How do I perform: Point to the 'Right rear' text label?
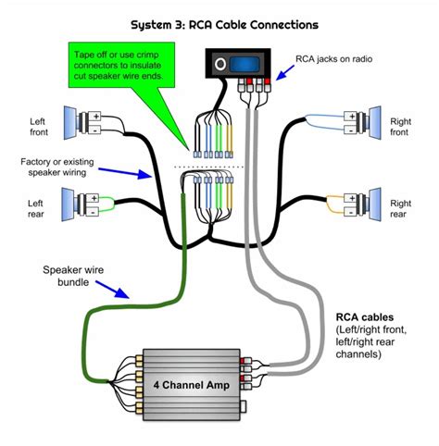[399, 209]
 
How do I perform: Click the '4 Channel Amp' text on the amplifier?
[183, 382]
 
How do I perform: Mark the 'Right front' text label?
[399, 125]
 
